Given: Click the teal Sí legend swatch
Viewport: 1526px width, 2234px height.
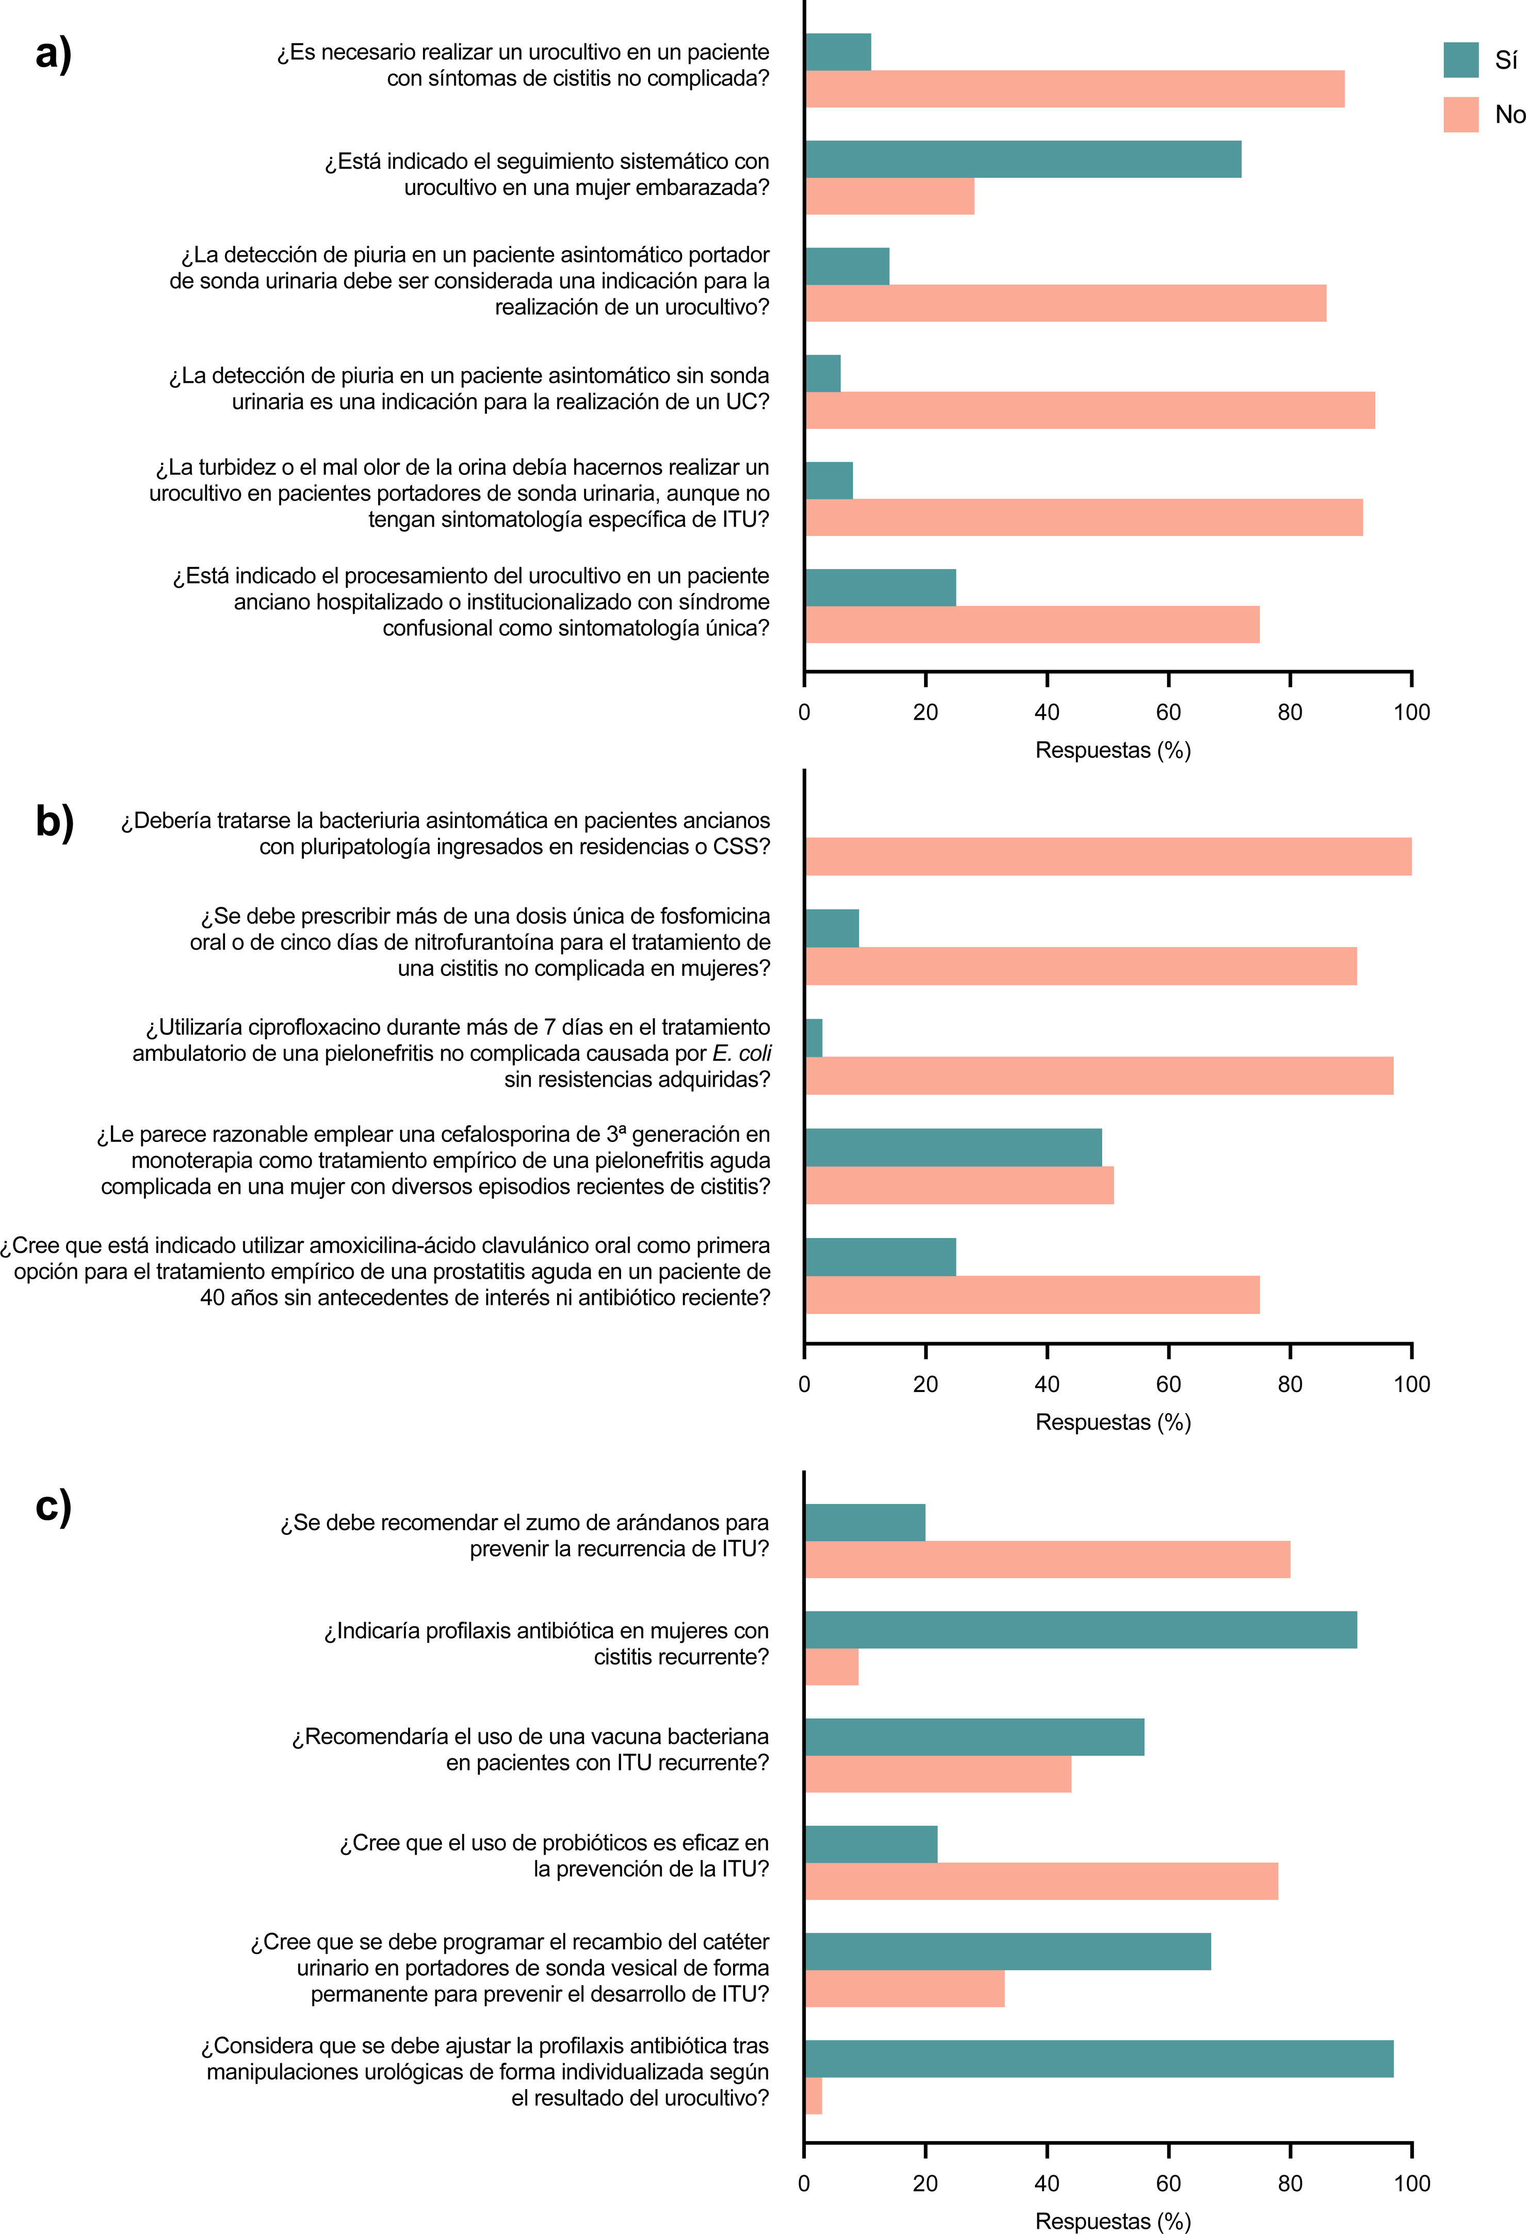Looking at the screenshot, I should (1460, 60).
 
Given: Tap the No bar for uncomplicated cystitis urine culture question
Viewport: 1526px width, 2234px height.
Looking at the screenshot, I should (1074, 89).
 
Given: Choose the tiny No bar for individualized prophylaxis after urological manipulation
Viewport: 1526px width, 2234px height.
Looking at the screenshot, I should (814, 2096).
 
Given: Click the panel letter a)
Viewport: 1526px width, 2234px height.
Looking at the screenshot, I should (54, 54).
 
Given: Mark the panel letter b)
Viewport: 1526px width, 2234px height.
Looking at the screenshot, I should (55, 822).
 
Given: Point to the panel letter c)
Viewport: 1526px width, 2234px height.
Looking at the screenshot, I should (54, 1505).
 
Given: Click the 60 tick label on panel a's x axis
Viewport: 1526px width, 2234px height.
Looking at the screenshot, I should (1168, 713).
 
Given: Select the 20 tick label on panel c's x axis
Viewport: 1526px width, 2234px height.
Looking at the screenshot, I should (925, 2183).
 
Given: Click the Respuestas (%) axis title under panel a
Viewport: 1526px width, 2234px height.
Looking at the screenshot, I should (1113, 750).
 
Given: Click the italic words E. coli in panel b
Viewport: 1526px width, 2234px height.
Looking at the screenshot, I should (741, 1053).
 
